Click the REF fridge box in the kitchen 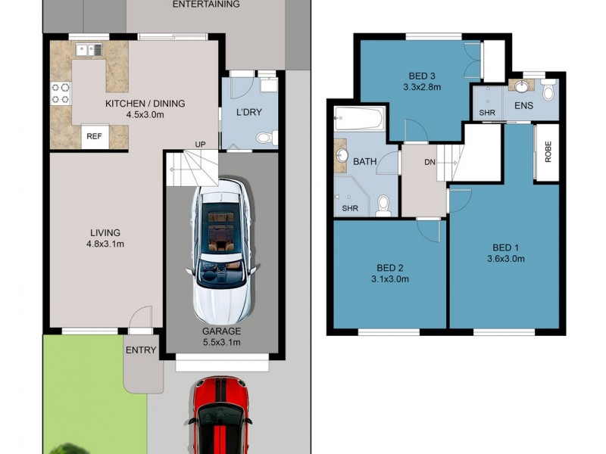click(94, 137)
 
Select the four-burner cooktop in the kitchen click(61, 93)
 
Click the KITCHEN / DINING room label click(145, 104)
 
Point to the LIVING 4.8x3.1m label click(105, 232)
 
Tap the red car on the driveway click(220, 416)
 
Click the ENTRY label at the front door click(141, 350)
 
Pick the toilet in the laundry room click(265, 138)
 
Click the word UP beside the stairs click(201, 145)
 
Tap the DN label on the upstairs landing click(429, 162)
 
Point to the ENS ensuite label click(523, 106)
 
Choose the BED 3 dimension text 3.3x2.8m click(422, 87)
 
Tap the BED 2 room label click(390, 267)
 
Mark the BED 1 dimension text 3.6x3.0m click(505, 258)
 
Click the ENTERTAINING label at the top click(206, 5)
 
